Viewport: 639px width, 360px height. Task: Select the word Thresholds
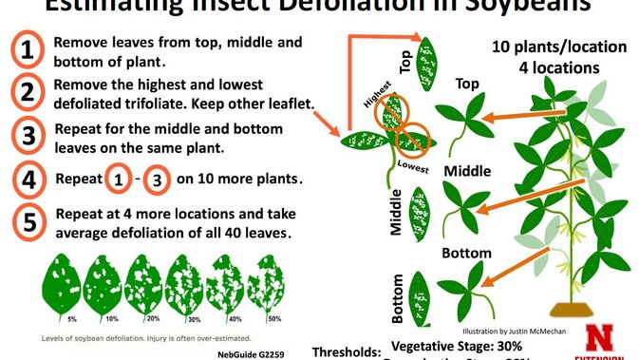pos(346,350)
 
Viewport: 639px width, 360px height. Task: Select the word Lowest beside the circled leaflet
pos(414,166)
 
